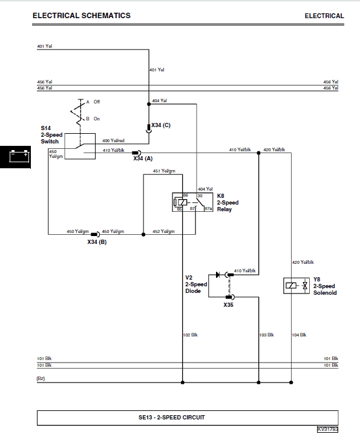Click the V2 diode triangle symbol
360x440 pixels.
coord(217,275)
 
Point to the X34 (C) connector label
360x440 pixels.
coord(161,125)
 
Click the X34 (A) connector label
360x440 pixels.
coord(143,159)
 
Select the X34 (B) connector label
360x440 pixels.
coord(97,242)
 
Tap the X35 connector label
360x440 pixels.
coord(228,305)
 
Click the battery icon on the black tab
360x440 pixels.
coord(19,156)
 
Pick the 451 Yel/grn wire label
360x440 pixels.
coord(164,171)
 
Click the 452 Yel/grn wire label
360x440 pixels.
coord(163,232)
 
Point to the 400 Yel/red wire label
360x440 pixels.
coord(113,140)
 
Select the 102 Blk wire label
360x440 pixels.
coord(190,335)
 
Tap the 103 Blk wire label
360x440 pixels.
coord(267,335)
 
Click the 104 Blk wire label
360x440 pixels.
coord(299,335)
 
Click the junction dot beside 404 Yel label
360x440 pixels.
coord(149,104)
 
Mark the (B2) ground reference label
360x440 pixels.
coord(41,378)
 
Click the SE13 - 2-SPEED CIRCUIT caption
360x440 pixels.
coord(172,418)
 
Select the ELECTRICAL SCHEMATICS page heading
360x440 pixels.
coord(82,16)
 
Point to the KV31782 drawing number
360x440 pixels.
coord(327,429)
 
